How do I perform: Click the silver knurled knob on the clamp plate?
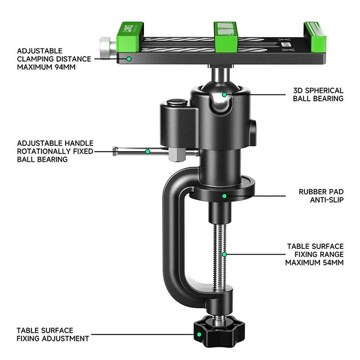(x=105, y=47)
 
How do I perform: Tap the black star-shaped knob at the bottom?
(x=219, y=331)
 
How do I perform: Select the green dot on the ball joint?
(x=224, y=94)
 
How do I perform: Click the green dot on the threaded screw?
(x=224, y=254)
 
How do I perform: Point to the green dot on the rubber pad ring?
(x=224, y=196)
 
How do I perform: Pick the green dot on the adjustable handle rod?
(x=148, y=151)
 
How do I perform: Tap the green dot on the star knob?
(x=199, y=334)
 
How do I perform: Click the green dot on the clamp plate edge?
(x=129, y=59)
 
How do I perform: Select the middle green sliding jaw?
(x=226, y=37)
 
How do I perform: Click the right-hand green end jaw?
(x=315, y=37)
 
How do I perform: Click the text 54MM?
(x=333, y=262)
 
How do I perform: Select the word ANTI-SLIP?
(x=327, y=200)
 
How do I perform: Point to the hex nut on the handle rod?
(x=177, y=154)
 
